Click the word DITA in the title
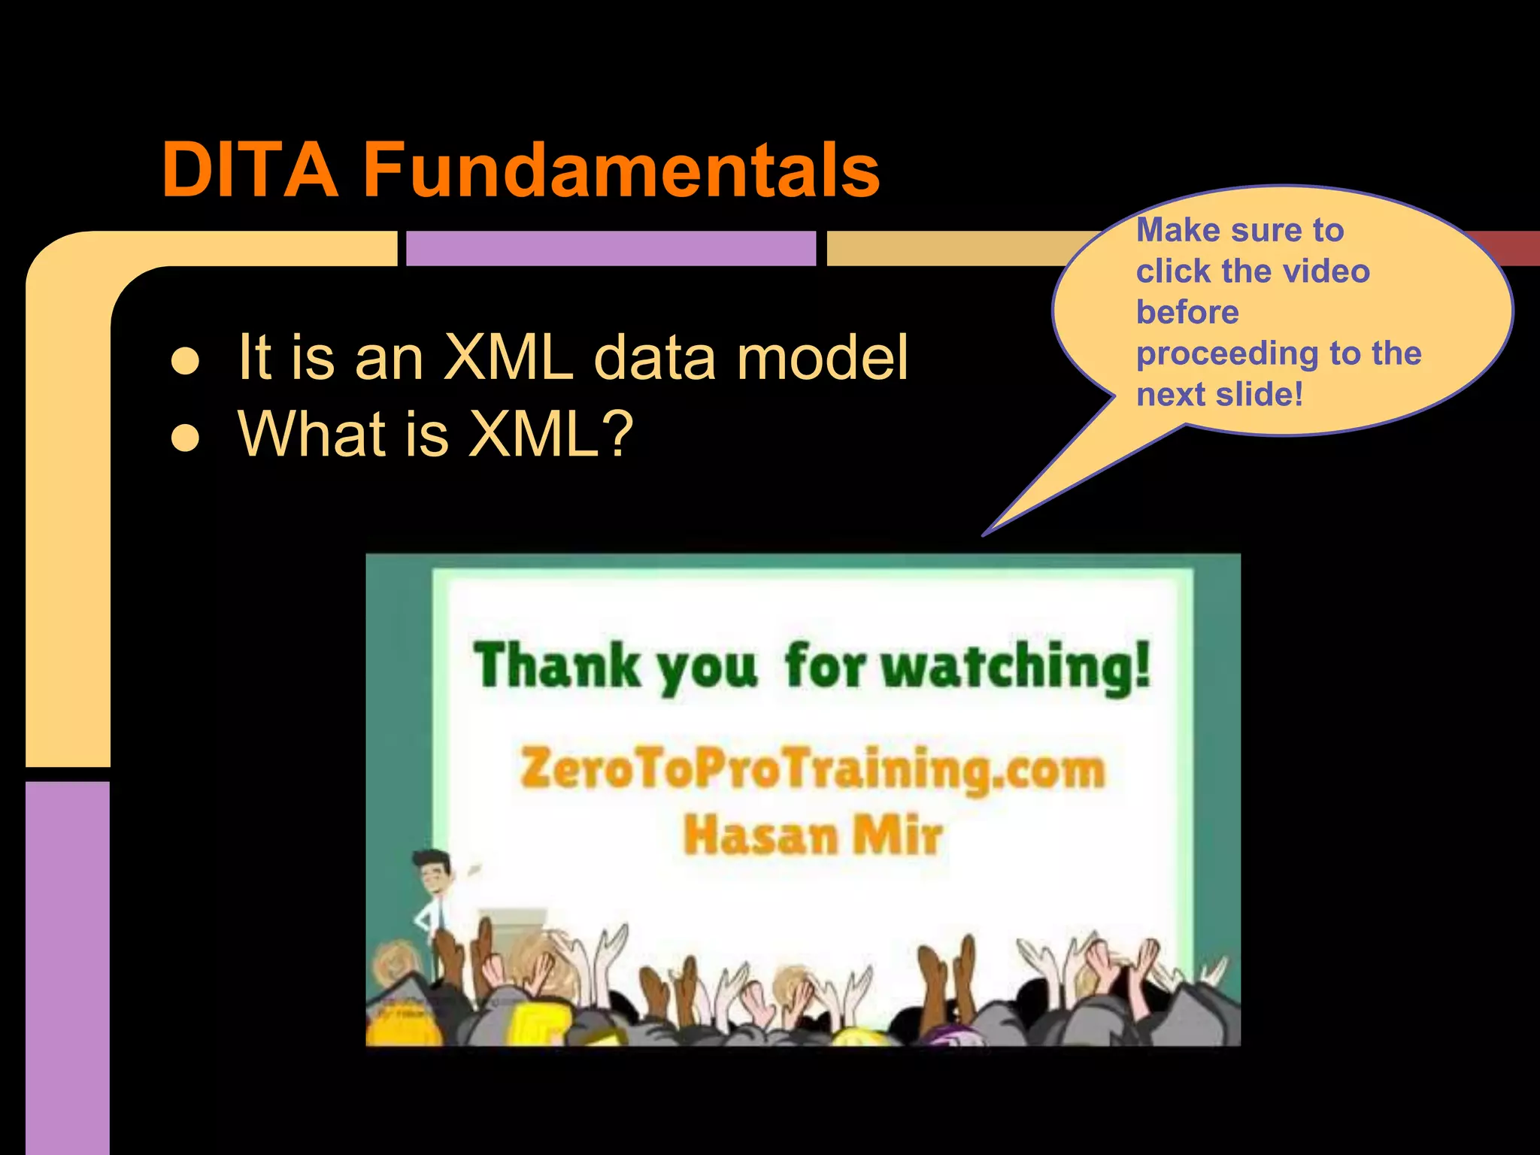coord(250,171)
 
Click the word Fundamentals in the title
coord(621,171)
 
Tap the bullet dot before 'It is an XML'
coord(185,361)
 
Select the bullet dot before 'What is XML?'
coord(185,437)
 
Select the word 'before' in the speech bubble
coord(1187,312)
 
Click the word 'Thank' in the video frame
coord(556,665)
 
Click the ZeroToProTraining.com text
coord(812,768)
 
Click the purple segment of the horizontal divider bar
coord(611,248)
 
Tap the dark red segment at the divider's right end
coord(1511,248)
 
